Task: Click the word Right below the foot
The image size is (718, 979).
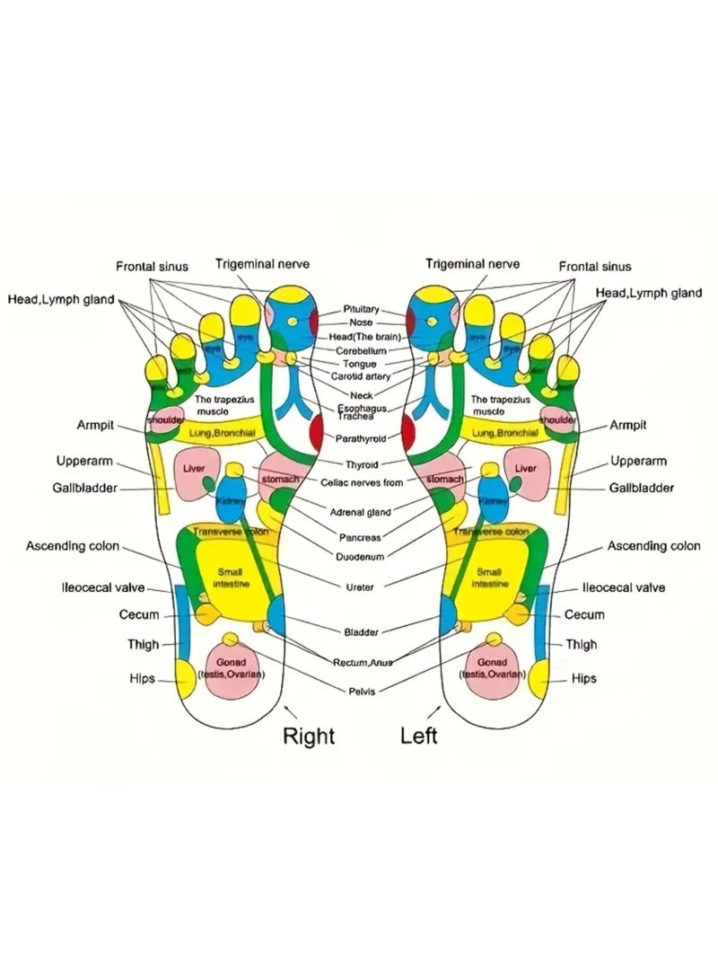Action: click(x=309, y=736)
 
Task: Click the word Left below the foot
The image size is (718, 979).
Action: click(x=419, y=736)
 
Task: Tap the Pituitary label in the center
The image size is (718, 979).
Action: click(x=362, y=308)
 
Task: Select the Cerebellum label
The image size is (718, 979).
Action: click(x=361, y=350)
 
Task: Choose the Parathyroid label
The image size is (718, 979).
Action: click(x=361, y=438)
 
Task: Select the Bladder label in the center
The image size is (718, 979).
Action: click(x=362, y=632)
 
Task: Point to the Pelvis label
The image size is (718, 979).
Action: click(x=362, y=691)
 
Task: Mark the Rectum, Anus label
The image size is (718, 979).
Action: click(x=362, y=662)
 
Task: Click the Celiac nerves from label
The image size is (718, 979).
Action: click(x=362, y=483)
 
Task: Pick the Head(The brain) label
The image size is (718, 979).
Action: click(x=362, y=336)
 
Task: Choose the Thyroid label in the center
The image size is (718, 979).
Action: click(x=362, y=464)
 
